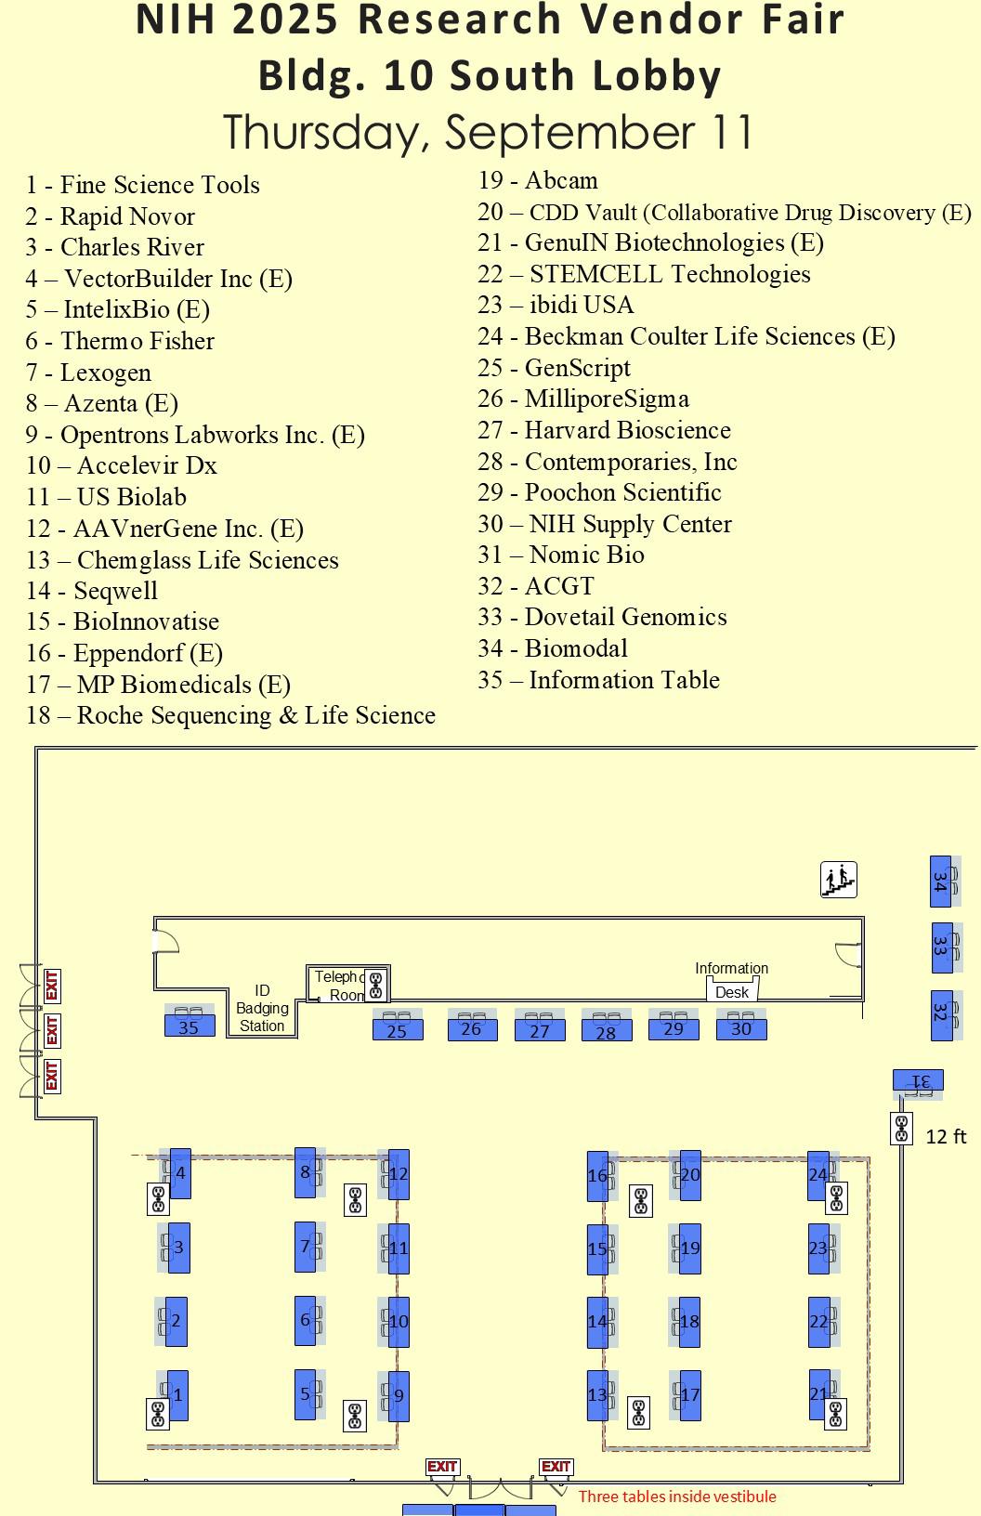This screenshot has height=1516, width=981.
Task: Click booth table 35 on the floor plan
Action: coord(190,1026)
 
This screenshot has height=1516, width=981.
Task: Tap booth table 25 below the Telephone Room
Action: coord(398,1029)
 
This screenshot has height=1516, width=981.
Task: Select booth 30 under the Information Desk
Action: coord(741,1028)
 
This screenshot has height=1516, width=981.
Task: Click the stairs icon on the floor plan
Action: coord(839,880)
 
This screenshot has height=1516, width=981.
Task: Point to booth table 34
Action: coord(940,882)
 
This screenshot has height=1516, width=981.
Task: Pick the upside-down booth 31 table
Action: coord(918,1079)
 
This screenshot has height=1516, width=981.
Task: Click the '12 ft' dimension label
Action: coord(946,1136)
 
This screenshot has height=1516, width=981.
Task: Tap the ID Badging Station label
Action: coord(262,1008)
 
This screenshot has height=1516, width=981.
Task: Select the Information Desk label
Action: coord(732,980)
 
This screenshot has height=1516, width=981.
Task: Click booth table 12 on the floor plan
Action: coord(399,1174)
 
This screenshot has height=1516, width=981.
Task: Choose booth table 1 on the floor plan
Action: coord(177,1395)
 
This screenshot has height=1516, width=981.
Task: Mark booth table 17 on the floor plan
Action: coord(690,1395)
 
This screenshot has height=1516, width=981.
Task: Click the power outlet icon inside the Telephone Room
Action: coord(375,985)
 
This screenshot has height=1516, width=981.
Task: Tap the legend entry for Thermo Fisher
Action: coord(120,340)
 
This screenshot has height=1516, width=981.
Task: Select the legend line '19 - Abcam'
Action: coord(538,180)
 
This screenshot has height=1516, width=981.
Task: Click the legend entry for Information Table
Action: coord(598,679)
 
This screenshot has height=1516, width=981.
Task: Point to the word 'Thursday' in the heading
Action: coord(326,133)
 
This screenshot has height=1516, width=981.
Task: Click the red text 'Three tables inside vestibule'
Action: coord(677,1496)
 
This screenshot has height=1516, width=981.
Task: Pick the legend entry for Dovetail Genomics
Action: coord(603,617)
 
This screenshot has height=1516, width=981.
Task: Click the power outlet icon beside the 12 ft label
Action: coord(901,1129)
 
